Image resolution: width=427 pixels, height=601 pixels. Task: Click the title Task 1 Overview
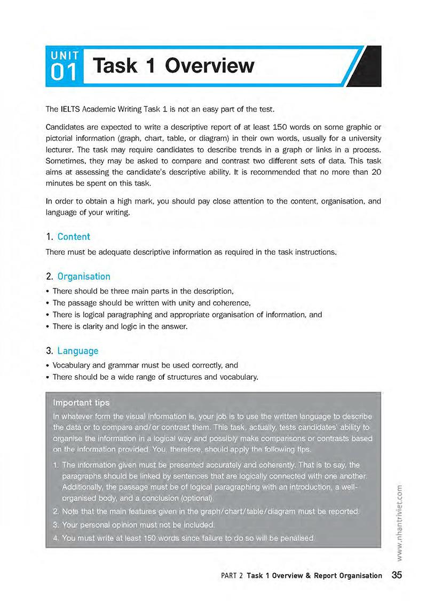click(173, 66)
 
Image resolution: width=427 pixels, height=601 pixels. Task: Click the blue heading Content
click(74, 237)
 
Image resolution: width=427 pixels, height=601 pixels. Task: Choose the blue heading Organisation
click(84, 277)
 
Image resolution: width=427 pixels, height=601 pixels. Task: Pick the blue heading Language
click(78, 351)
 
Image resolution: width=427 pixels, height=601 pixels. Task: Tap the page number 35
click(397, 575)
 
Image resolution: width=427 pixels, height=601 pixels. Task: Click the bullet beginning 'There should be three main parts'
click(143, 291)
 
